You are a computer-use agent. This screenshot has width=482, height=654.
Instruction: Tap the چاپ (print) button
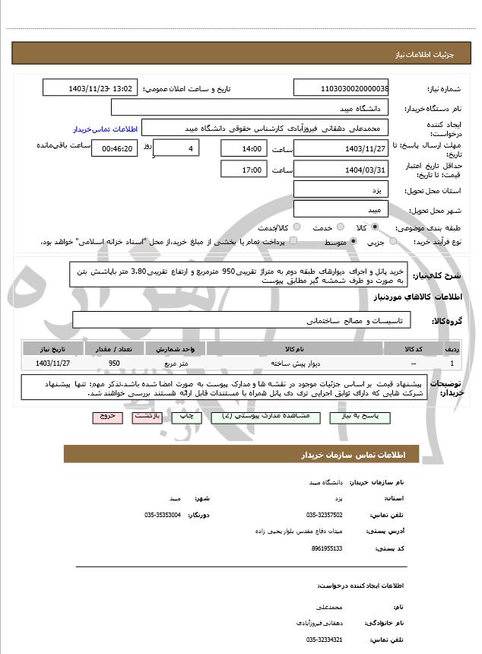(185, 417)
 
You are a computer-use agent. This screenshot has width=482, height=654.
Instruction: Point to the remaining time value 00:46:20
(115, 148)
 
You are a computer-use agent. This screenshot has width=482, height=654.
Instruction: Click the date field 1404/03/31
(341, 170)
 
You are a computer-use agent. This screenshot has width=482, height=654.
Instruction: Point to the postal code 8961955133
(327, 548)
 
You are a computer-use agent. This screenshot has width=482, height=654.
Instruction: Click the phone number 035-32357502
(325, 515)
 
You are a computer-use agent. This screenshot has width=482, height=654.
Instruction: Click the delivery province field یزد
(341, 189)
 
